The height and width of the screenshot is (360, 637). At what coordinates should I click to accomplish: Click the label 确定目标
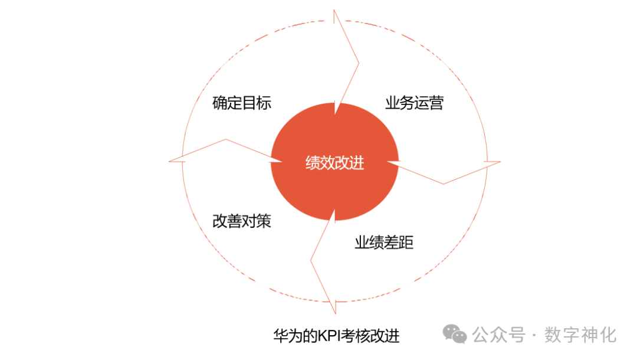pos(242,103)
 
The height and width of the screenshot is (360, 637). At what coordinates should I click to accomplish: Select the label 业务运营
pos(414,103)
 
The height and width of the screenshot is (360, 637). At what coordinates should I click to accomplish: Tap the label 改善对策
pos(242,221)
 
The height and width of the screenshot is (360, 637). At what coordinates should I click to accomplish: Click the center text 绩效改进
pos(334,163)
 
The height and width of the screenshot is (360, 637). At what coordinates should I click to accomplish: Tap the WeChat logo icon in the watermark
pos(455,335)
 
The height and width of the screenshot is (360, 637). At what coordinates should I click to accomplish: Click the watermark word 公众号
pos(498,335)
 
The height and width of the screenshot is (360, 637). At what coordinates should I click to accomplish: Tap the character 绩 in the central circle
pos(313,163)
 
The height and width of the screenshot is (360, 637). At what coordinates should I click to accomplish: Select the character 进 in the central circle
pos(357,163)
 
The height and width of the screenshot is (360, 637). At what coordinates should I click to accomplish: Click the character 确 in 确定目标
pos(219,103)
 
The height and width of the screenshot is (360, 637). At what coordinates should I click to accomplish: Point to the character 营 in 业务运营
pos(436,103)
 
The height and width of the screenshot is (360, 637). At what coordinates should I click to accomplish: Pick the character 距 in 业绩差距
pos(406,243)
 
